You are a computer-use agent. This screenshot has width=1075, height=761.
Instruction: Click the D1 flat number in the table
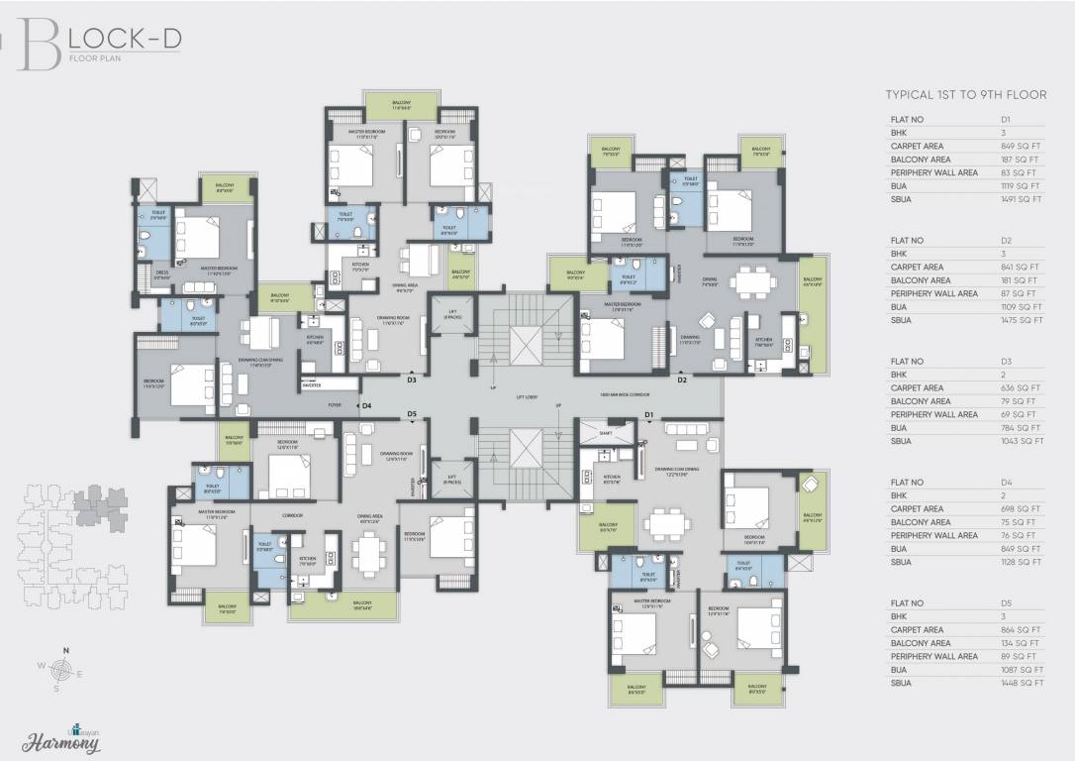point(1006,119)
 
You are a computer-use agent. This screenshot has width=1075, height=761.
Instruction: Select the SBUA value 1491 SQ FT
point(1022,199)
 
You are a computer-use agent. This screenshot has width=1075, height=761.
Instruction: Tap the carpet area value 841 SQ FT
point(1020,267)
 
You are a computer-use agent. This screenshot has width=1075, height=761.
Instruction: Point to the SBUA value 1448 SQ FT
point(1022,683)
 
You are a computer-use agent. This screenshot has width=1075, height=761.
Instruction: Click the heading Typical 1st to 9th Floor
point(965,95)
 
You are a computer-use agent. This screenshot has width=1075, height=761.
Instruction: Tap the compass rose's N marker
point(65,650)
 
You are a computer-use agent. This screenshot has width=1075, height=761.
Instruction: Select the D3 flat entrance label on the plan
point(412,380)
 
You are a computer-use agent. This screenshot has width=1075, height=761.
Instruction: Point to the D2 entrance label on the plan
point(682,380)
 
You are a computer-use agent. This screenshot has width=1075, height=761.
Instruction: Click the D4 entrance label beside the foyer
point(366,405)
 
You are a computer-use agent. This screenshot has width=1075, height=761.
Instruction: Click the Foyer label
point(335,405)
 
